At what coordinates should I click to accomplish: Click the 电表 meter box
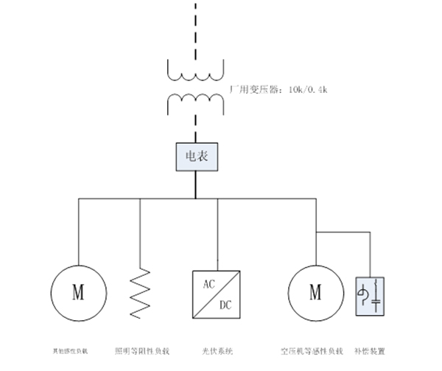[x=194, y=156]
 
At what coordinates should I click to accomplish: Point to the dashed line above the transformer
[x=195, y=26]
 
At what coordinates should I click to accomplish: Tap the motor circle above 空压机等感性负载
[x=316, y=292]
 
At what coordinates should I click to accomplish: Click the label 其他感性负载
[x=68, y=350]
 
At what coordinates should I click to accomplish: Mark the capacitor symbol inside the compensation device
[x=377, y=300]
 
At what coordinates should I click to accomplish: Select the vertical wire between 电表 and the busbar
[x=195, y=184]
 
